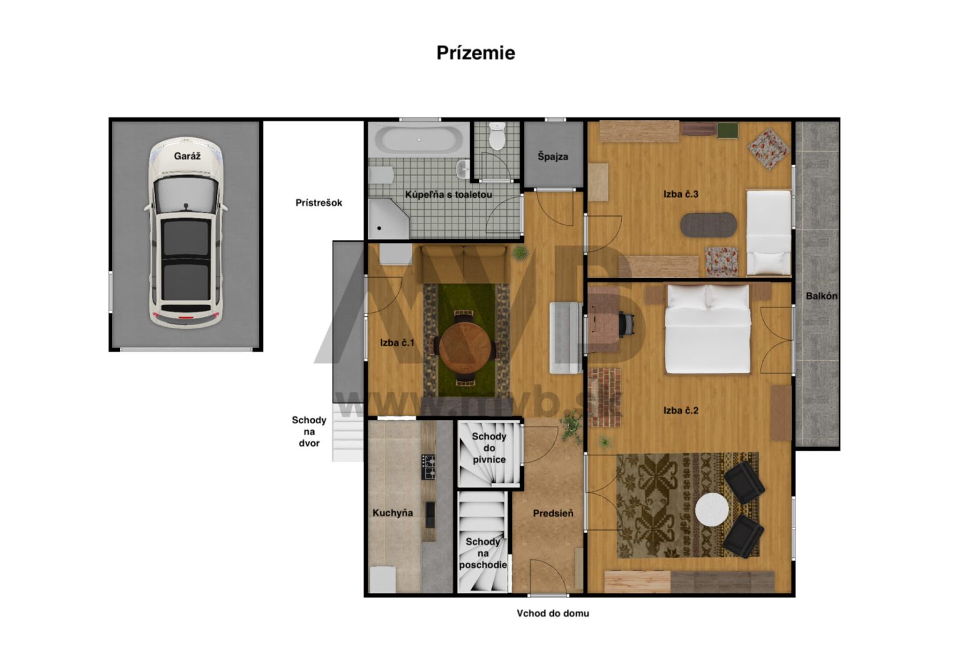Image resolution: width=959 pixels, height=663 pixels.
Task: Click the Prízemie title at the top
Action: click(x=476, y=53)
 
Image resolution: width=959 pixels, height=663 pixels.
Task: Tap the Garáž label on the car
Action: click(x=187, y=156)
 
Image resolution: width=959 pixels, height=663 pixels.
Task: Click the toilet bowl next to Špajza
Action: click(x=497, y=135)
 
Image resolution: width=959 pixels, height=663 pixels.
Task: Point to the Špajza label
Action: click(x=553, y=156)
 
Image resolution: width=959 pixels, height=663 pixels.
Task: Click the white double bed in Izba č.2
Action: click(x=707, y=329)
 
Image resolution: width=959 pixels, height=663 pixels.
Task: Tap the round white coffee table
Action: click(x=712, y=510)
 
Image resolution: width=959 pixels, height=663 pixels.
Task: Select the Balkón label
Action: click(x=821, y=296)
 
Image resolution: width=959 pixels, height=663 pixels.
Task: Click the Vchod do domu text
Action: click(x=553, y=613)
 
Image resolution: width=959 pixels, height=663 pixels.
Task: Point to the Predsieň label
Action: click(x=553, y=513)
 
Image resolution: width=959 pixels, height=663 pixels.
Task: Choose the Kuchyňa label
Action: click(x=393, y=513)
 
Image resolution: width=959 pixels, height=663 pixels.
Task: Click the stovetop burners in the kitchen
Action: click(x=428, y=466)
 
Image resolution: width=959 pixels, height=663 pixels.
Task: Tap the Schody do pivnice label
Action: click(x=489, y=448)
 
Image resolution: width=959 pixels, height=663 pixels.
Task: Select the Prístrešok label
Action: click(x=318, y=202)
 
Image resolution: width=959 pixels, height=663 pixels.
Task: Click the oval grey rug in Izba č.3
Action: click(x=709, y=225)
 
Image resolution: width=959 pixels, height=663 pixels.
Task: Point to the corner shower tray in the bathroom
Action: click(x=388, y=219)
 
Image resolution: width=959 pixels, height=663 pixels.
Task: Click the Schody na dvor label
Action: click(x=308, y=431)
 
